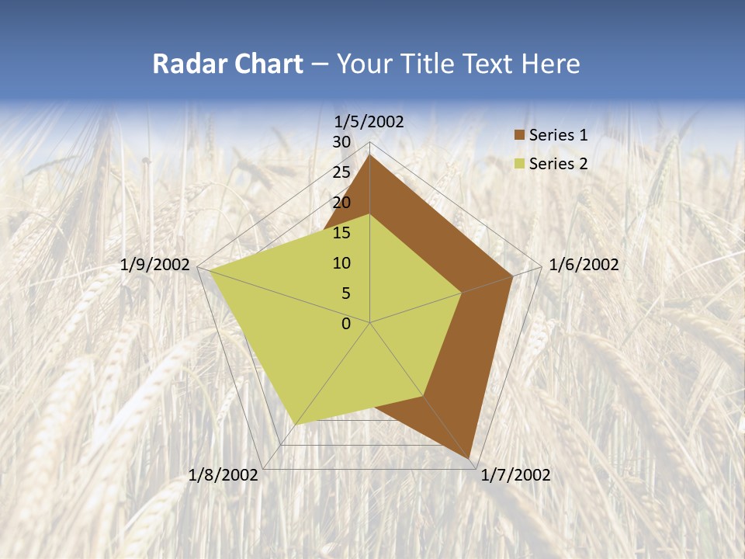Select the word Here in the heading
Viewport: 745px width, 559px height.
(551, 64)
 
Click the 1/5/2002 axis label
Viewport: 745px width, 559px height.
(369, 122)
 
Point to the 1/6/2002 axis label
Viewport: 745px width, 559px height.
(584, 265)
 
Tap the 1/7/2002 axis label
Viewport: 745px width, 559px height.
(515, 475)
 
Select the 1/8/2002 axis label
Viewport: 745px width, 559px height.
(223, 475)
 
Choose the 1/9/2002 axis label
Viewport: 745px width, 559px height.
(155, 265)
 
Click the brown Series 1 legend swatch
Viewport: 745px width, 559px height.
(519, 136)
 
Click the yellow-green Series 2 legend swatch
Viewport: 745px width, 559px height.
(519, 164)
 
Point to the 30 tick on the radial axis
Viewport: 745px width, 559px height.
(341, 142)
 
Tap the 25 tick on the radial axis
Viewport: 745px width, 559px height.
(341, 172)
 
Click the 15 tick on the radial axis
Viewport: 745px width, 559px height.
(341, 233)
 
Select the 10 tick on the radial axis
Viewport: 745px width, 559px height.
(341, 263)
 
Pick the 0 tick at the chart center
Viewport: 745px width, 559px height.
(346, 324)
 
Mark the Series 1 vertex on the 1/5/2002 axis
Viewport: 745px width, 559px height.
(370, 155)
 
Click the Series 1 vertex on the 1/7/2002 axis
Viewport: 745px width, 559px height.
(470, 459)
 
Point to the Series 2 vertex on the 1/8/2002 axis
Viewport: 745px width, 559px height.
(296, 425)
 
